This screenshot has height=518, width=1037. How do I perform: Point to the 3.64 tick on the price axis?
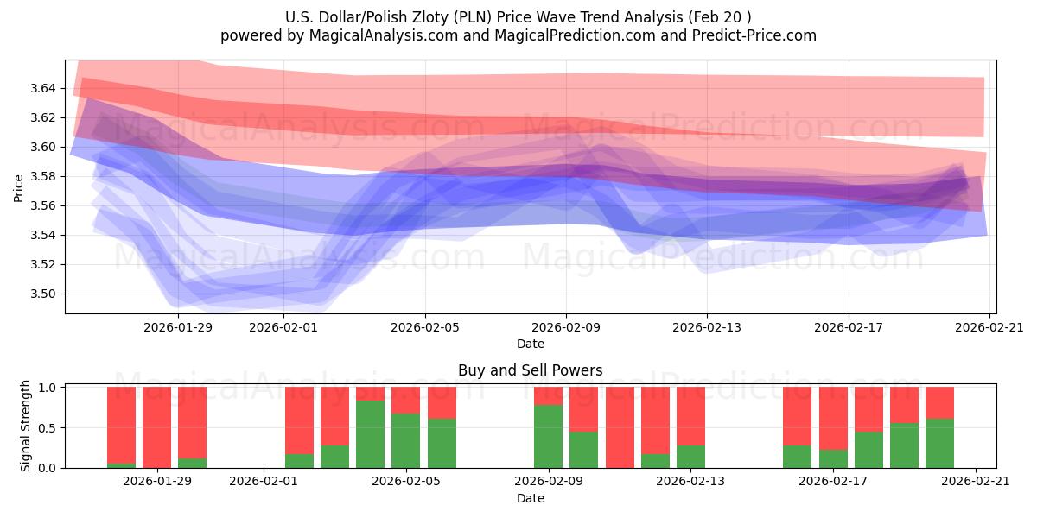pyautogui.click(x=44, y=88)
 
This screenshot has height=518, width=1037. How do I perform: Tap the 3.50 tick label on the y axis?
pyautogui.click(x=44, y=294)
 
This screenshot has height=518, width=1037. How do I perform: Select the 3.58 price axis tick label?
pyautogui.click(x=44, y=176)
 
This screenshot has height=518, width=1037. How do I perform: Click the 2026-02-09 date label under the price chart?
pyautogui.click(x=566, y=327)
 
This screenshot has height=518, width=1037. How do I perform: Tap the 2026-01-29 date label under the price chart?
pyautogui.click(x=178, y=327)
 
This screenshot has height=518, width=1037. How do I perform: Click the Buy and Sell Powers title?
pyautogui.click(x=530, y=370)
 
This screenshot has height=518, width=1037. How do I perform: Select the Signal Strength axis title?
pyautogui.click(x=26, y=426)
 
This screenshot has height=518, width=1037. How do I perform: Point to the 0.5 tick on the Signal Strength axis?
pyautogui.click(x=47, y=427)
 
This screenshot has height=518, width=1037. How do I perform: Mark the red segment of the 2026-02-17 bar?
pyautogui.click(x=833, y=418)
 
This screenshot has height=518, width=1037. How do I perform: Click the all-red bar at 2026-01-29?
pyautogui.click(x=156, y=427)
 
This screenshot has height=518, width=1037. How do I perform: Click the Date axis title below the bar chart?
pyautogui.click(x=530, y=498)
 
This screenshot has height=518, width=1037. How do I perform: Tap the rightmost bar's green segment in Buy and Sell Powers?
pyautogui.click(x=939, y=443)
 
